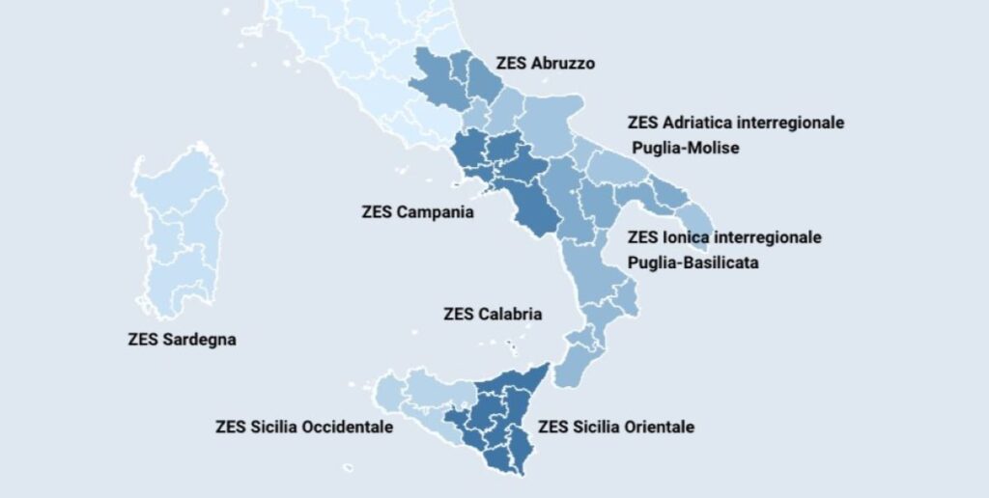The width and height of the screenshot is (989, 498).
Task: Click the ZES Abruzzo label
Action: click(x=546, y=64)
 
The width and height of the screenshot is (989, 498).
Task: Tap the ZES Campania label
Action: click(x=417, y=212)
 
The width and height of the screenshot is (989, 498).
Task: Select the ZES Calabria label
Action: click(x=493, y=314)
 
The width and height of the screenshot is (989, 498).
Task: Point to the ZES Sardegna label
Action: click(x=182, y=340)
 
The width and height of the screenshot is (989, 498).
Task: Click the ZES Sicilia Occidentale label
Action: click(x=304, y=427)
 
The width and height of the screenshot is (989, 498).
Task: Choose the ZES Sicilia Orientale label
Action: click(x=615, y=427)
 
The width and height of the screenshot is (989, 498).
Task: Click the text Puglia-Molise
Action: click(x=685, y=149)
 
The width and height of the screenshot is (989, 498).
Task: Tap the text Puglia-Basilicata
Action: click(x=692, y=262)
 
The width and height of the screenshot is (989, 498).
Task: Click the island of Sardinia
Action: click(x=182, y=232)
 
